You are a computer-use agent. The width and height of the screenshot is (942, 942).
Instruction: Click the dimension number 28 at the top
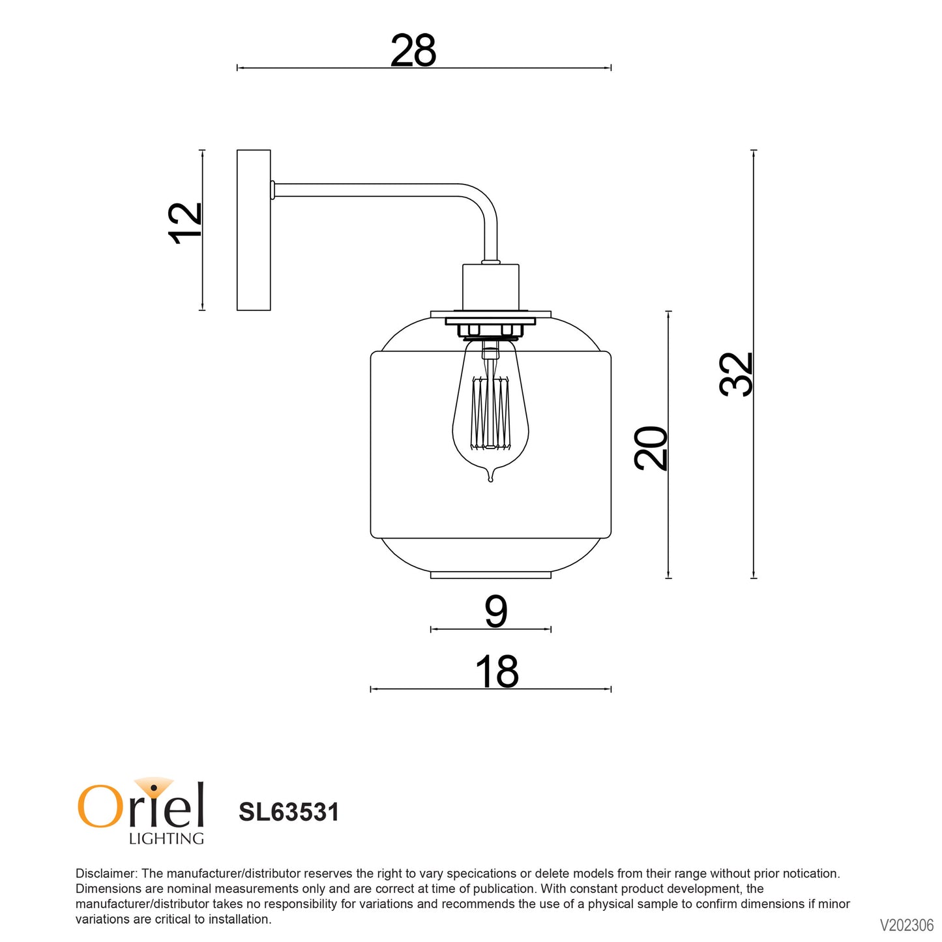tap(413, 51)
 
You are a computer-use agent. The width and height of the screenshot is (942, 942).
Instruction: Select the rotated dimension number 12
tap(186, 223)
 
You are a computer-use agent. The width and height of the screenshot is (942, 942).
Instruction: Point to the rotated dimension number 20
tap(651, 449)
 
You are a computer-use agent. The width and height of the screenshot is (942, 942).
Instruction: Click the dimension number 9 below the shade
tap(495, 612)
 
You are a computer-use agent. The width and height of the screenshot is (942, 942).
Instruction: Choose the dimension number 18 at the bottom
tap(497, 672)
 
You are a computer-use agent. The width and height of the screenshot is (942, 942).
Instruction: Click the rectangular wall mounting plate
tap(254, 230)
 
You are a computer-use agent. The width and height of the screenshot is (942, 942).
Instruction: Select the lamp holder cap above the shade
tap(491, 287)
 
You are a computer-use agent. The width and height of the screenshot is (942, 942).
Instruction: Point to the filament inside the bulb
tap(490, 413)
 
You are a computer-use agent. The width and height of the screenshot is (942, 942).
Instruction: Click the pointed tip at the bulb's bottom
tap(491, 479)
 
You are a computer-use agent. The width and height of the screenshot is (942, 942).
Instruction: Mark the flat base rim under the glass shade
tap(491, 575)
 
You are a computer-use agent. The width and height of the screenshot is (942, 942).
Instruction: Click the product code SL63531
tap(289, 812)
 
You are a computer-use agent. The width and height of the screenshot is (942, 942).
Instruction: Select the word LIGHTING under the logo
tap(166, 839)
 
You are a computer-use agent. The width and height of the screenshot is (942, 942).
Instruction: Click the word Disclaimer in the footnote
tap(106, 874)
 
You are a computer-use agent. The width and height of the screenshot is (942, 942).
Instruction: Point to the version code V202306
tap(906, 925)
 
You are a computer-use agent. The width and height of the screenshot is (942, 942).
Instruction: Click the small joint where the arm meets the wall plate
tap(272, 190)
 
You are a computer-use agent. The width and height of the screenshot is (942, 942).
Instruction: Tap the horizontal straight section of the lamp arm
tap(365, 190)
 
